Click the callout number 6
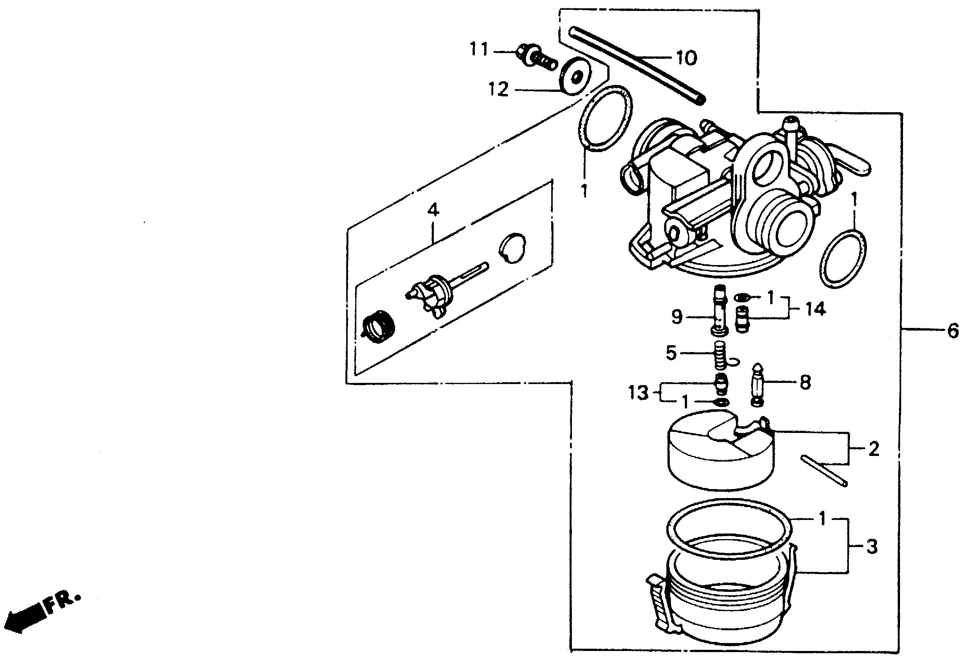(953, 331)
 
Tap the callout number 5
(671, 354)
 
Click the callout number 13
(639, 393)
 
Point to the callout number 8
(805, 382)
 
